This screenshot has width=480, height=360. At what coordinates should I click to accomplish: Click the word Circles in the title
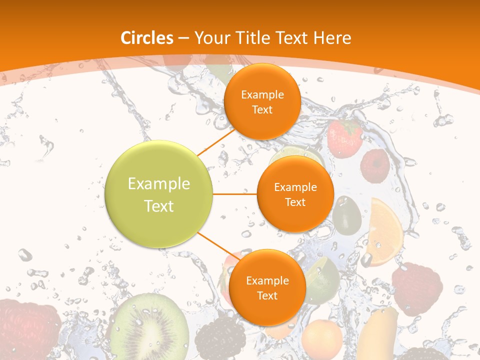[x=146, y=38]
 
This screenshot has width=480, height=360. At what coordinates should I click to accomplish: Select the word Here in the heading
[x=332, y=38]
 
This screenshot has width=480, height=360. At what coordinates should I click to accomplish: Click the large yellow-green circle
[x=159, y=194]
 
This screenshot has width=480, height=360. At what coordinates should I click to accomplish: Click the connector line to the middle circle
[x=235, y=194]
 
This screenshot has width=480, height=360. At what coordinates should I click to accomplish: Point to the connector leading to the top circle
[x=216, y=142]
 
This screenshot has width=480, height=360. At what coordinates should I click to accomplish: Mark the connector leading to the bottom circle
[x=215, y=244]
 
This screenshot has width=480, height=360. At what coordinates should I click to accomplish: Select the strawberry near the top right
[x=344, y=137]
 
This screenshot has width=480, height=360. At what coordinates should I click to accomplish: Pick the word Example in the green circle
[x=159, y=184]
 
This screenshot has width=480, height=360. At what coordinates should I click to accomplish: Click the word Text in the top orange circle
[x=262, y=110]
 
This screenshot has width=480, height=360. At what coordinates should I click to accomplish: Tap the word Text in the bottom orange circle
[x=267, y=296]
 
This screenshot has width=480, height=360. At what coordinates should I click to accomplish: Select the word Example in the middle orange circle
[x=295, y=187]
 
